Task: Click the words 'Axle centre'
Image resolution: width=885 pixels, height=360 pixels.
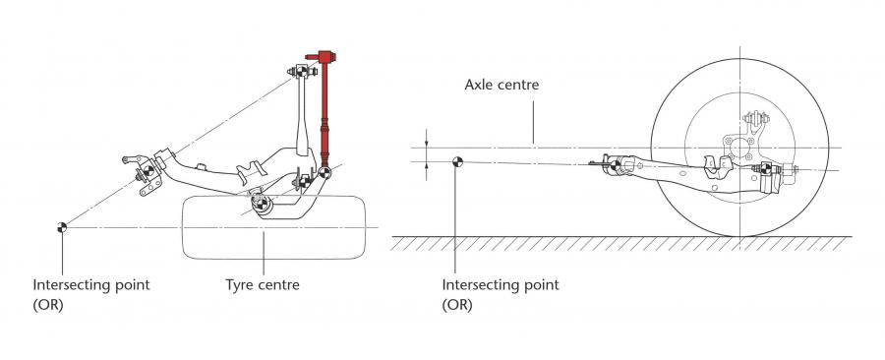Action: point(501,85)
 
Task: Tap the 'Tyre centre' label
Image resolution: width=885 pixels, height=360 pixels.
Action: point(263,284)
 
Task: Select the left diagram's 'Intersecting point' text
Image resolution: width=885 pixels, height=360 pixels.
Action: point(91,284)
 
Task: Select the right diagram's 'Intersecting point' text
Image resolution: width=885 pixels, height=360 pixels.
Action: point(501,284)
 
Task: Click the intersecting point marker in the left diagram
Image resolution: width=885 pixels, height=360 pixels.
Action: point(62,227)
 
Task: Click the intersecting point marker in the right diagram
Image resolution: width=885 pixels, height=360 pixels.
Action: point(457,162)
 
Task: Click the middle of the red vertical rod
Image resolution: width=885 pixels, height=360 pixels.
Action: point(324,113)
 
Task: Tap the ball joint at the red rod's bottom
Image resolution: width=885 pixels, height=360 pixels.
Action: point(324,173)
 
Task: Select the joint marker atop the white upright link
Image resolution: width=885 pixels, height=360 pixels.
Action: point(302,71)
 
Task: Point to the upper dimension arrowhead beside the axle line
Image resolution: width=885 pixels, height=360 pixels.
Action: point(426,144)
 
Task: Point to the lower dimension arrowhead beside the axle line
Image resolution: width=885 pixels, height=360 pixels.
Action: point(426,166)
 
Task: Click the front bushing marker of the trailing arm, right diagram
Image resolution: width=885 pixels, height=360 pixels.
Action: point(615,165)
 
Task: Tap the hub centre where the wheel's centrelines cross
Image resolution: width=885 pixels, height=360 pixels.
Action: point(739,148)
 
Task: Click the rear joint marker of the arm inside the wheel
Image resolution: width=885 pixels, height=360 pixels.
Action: point(766,168)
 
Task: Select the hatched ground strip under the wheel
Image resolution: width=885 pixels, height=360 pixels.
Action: point(620,243)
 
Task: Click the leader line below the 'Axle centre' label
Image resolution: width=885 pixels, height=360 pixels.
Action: point(533,119)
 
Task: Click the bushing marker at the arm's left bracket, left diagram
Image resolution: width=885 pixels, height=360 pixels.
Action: point(148,170)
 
